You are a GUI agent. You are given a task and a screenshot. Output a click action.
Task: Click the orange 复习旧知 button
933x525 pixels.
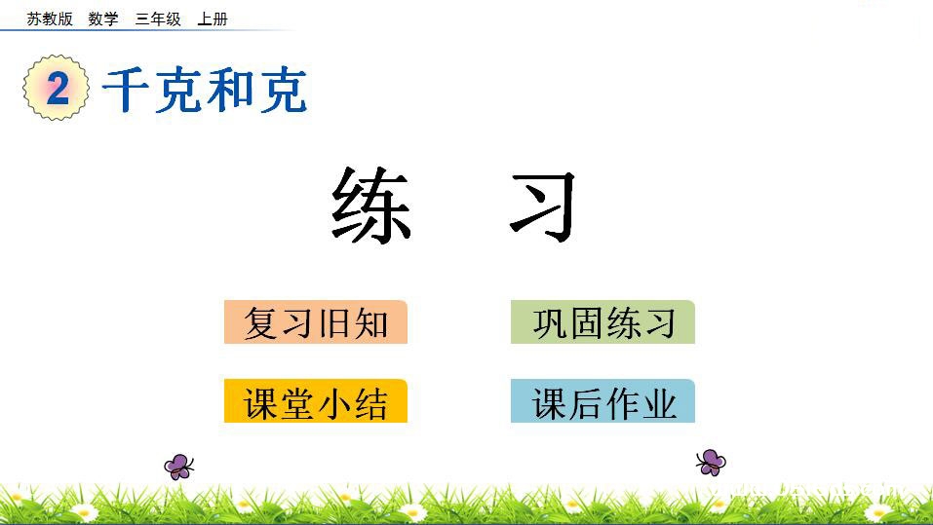click(x=315, y=322)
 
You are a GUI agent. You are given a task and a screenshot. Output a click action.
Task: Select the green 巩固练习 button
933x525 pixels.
click(x=603, y=322)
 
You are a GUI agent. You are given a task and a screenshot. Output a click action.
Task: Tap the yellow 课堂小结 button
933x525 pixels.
click(x=315, y=401)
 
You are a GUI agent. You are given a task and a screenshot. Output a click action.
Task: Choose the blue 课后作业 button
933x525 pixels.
click(x=603, y=401)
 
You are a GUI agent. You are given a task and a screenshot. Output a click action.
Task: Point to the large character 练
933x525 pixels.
click(x=371, y=206)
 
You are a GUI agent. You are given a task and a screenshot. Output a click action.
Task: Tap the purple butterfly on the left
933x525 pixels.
click(x=178, y=467)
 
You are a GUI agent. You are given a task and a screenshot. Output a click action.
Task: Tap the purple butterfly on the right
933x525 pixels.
click(x=711, y=461)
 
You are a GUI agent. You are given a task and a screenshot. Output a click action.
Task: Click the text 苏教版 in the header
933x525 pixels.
click(x=50, y=19)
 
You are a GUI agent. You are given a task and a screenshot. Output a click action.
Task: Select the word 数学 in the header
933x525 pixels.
click(x=102, y=19)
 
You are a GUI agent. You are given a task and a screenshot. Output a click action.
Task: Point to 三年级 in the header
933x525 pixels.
click(x=158, y=19)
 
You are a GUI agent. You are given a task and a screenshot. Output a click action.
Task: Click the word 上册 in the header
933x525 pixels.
click(x=212, y=19)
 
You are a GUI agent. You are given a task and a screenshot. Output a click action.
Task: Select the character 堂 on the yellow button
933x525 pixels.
click(x=296, y=402)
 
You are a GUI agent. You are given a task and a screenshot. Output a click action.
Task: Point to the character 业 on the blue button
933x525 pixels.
click(x=659, y=402)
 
